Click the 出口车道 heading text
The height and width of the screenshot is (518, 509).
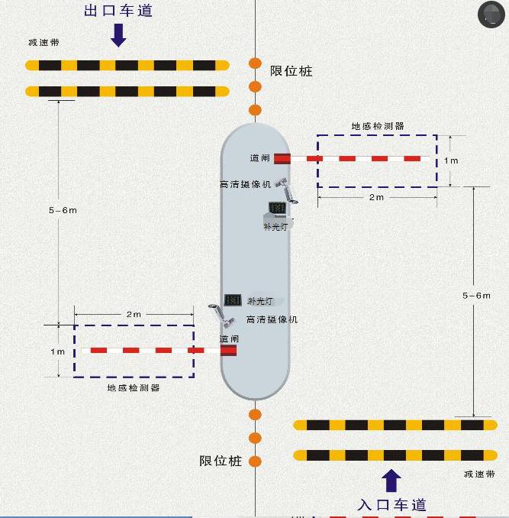118,11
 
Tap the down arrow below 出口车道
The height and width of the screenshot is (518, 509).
118,34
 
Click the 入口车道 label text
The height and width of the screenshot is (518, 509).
391,504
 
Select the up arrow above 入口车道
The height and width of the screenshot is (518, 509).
391,480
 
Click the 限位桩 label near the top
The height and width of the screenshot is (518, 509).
292,71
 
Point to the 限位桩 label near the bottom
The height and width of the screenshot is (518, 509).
221,461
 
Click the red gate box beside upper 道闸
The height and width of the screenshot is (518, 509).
282,158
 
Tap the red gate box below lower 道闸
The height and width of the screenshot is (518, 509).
228,350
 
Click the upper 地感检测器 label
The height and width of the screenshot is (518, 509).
377,126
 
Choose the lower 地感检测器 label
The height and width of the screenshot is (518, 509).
134,388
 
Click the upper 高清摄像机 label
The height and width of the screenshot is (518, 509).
245,184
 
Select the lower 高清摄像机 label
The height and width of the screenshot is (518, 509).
272,319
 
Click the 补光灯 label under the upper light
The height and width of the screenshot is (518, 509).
275,227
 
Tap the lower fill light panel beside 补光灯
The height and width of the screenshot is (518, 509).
233,300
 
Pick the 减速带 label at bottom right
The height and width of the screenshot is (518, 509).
478,474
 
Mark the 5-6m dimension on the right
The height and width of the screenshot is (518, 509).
477,295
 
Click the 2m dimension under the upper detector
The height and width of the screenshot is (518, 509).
376,197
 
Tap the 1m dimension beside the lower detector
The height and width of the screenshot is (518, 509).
58,351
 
